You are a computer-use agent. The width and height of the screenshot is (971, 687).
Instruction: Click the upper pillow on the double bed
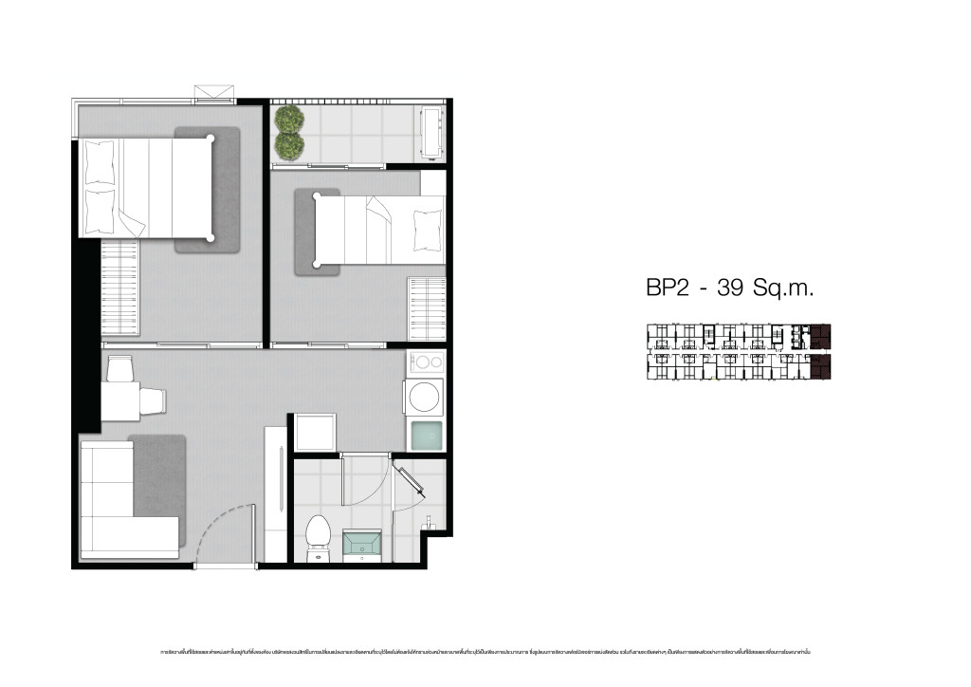(x=100, y=162)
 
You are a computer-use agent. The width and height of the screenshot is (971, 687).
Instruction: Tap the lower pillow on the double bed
(x=100, y=211)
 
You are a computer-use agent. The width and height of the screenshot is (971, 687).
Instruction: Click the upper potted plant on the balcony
(x=289, y=120)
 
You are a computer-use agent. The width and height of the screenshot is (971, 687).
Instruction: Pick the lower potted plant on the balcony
(x=289, y=145)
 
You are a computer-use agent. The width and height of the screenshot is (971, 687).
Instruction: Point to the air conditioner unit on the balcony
(x=433, y=134)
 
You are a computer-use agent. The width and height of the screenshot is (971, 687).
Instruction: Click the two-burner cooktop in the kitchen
(x=426, y=362)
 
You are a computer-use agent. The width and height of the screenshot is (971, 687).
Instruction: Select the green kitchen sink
(x=425, y=435)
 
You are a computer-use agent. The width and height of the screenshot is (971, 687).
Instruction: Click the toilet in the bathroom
(x=318, y=533)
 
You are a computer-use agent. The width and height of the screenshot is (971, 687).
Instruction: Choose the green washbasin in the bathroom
(x=362, y=545)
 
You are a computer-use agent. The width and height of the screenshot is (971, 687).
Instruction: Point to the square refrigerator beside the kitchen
(x=314, y=433)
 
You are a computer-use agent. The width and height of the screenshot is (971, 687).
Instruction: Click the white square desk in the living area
(x=119, y=400)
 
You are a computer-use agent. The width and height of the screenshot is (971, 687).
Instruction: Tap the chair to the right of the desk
(x=153, y=401)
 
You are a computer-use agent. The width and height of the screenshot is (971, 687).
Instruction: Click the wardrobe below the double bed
(x=119, y=287)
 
